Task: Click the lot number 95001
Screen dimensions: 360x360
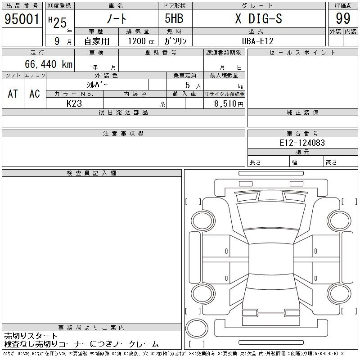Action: click(22, 19)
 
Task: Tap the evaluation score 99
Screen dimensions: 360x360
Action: click(343, 18)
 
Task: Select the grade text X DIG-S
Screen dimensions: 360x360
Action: click(259, 18)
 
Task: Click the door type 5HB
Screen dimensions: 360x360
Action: click(174, 18)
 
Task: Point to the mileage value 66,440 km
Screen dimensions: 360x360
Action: click(49, 64)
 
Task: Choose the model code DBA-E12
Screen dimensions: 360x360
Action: click(258, 41)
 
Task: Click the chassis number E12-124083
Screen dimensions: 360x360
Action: click(302, 143)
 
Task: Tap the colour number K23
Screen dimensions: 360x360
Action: click(74, 103)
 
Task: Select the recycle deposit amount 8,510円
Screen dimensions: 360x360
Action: click(229, 103)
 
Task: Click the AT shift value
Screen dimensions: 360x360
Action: click(13, 94)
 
